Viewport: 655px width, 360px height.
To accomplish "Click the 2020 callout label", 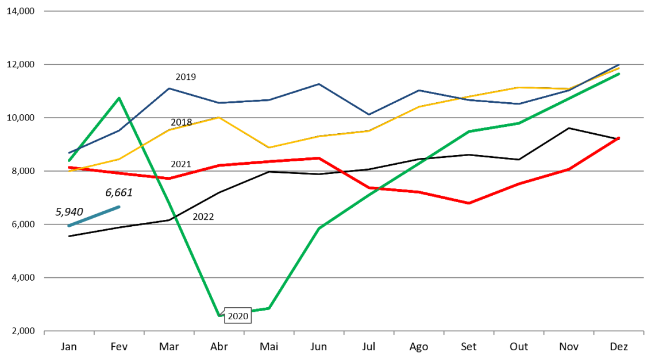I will click(238, 316).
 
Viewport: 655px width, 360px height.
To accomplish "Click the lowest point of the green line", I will click(219, 315).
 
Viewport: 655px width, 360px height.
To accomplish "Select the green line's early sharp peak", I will click(119, 98).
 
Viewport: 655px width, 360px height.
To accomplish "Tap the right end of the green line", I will click(619, 73).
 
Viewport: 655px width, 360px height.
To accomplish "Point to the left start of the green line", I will click(69, 160).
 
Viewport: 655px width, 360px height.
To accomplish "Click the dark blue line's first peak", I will click(169, 88).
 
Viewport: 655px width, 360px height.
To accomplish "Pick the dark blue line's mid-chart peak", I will click(319, 84).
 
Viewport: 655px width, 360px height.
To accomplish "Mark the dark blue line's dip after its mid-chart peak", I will click(369, 114).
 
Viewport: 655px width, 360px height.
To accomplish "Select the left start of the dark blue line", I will click(69, 153).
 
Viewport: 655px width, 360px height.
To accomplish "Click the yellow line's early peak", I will click(219, 118).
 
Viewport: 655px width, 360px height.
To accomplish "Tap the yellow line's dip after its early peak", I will click(269, 148).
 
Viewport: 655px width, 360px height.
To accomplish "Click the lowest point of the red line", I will click(469, 203).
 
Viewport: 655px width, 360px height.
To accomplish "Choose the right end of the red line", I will click(619, 138).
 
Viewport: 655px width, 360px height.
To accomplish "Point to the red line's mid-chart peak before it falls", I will click(319, 158).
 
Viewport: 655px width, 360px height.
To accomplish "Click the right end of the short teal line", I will click(119, 207).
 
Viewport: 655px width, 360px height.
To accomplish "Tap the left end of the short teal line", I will click(69, 226).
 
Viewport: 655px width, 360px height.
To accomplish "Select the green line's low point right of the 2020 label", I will click(269, 309).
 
